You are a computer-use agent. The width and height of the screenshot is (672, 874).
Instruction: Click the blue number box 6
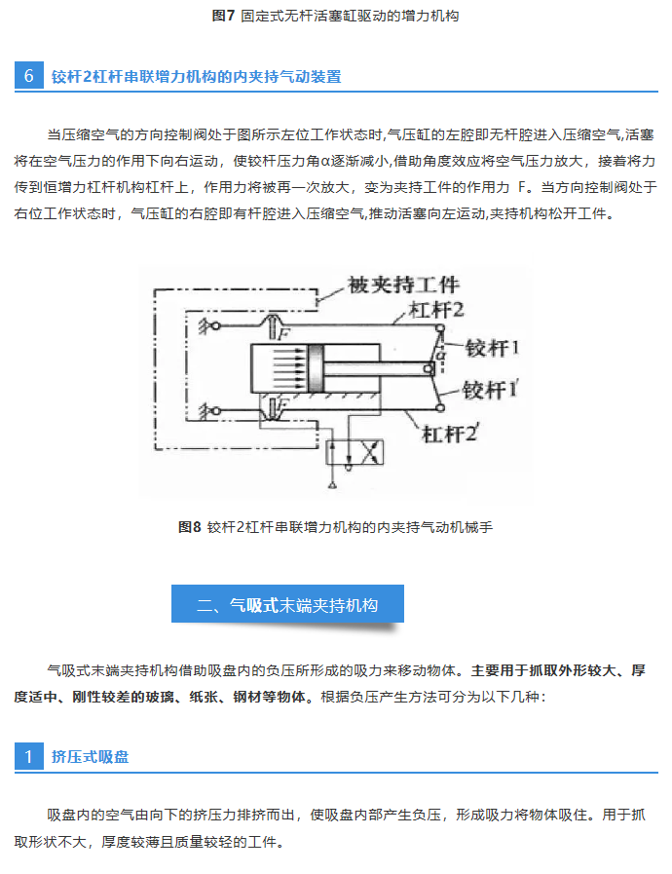[29, 76]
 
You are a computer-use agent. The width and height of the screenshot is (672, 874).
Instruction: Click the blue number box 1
[29, 756]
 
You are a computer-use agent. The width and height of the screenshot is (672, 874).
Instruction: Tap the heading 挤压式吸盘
[91, 756]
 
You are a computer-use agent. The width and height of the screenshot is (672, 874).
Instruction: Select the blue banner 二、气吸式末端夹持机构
[287, 604]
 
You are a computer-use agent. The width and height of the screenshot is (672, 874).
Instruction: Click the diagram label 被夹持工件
[403, 285]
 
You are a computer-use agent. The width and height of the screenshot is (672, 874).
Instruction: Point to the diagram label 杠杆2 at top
[436, 310]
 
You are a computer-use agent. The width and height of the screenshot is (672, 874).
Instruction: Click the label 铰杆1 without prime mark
[492, 348]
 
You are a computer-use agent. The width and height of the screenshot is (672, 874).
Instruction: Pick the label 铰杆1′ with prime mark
[490, 390]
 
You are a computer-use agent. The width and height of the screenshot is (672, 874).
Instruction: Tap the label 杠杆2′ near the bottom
[450, 433]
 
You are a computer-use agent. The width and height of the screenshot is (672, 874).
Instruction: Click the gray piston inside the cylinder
[316, 368]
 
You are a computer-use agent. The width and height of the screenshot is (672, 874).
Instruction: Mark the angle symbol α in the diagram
[441, 354]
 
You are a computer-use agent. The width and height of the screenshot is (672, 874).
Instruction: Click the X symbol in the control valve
[369, 452]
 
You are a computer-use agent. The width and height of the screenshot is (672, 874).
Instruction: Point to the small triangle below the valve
[333, 484]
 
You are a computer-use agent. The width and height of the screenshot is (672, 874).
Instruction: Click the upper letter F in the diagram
[284, 334]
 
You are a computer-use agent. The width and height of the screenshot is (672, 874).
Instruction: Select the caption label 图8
[190, 527]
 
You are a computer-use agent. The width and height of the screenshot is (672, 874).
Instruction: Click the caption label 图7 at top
[223, 16]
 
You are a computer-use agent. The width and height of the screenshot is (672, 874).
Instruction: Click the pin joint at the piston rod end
[429, 368]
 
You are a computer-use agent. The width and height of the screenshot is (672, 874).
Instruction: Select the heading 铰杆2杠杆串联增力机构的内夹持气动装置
[196, 76]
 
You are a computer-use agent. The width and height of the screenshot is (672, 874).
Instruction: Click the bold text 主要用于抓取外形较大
[543, 670]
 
